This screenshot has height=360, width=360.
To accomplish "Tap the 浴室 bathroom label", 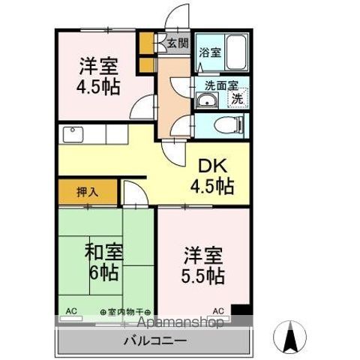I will (210, 52).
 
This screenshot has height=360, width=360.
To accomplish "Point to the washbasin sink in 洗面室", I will (206, 100).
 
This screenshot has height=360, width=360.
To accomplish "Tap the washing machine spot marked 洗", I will (237, 97).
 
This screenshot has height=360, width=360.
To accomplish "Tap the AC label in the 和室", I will (72, 310).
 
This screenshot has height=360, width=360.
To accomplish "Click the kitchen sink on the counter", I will (73, 135).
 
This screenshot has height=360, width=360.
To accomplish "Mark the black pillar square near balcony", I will (239, 310).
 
